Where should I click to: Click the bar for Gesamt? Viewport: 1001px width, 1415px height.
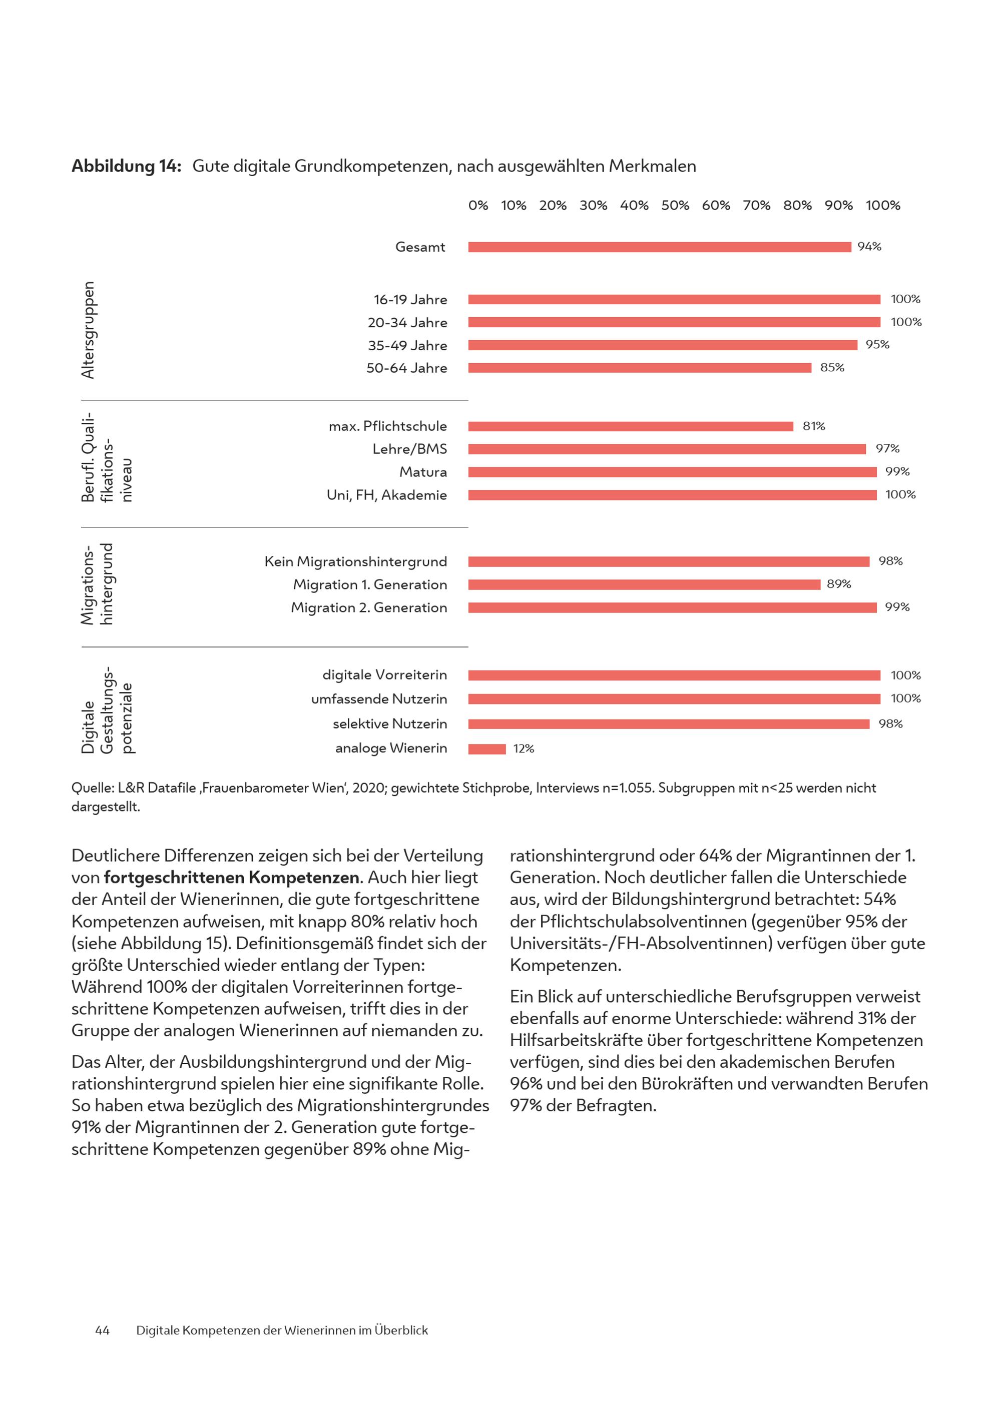point(660,247)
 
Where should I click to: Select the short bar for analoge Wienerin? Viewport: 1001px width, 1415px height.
point(487,749)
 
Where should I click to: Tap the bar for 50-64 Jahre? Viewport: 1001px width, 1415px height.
point(640,368)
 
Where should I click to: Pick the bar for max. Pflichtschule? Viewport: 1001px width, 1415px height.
point(631,426)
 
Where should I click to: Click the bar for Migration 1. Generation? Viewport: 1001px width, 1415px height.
point(644,584)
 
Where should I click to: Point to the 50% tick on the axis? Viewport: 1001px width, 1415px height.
point(675,205)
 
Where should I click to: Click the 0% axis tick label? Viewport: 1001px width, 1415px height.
point(478,205)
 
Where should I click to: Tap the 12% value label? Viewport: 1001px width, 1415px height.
point(524,749)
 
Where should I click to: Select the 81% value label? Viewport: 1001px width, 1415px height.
point(814,426)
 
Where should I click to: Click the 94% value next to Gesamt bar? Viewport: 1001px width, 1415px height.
point(869,247)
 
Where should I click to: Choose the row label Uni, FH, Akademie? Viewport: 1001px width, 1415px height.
point(386,495)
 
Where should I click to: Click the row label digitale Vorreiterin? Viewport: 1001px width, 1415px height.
point(384,675)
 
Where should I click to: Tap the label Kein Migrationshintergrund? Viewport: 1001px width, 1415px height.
point(356,561)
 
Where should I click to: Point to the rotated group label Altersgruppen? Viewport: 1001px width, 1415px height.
point(88,330)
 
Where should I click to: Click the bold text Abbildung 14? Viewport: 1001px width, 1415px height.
point(126,167)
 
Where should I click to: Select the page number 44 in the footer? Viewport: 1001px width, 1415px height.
point(102,1330)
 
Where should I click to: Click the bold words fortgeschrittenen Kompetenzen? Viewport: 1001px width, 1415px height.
point(232,877)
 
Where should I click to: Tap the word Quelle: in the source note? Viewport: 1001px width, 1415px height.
point(93,788)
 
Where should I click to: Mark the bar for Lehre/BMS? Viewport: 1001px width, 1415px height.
point(667,449)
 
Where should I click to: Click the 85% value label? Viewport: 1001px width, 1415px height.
point(832,367)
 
